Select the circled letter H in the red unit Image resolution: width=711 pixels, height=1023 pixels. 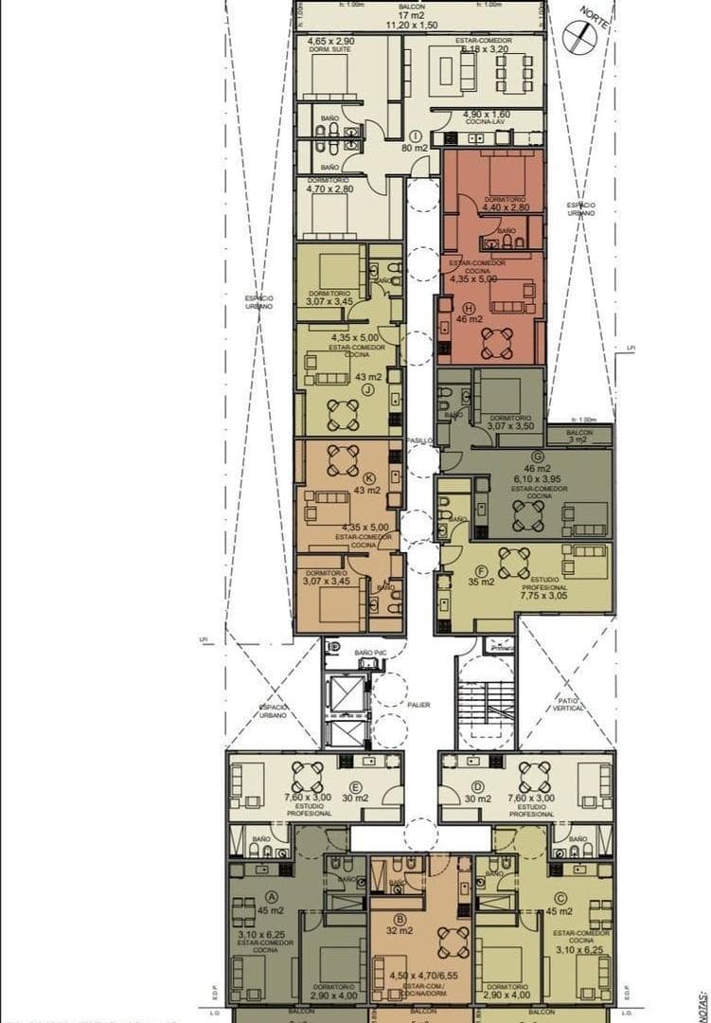[469, 308]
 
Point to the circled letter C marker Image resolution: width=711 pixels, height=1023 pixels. [560, 898]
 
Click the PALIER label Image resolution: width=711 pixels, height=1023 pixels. [419, 705]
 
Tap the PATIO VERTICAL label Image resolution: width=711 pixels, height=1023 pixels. [568, 705]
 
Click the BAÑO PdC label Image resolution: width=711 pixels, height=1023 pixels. [370, 653]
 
